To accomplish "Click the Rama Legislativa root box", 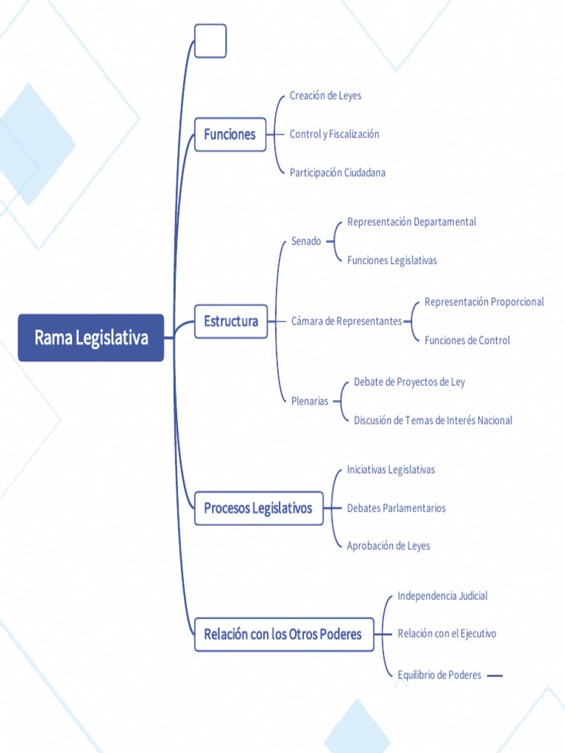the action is pyautogui.click(x=90, y=338).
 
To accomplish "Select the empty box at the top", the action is pyautogui.click(x=210, y=41).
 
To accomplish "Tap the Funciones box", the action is pyautogui.click(x=230, y=135).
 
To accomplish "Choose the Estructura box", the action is pyautogui.click(x=230, y=321).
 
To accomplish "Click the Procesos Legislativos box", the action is pyautogui.click(x=258, y=508).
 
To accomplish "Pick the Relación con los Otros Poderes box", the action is pyautogui.click(x=284, y=635).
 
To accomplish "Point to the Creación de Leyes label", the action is pyautogui.click(x=325, y=96).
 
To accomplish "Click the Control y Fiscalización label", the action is pyautogui.click(x=335, y=134).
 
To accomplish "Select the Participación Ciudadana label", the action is pyautogui.click(x=337, y=172).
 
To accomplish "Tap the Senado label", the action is pyautogui.click(x=306, y=241).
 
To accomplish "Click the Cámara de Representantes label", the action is pyautogui.click(x=347, y=321).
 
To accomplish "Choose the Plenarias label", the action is pyautogui.click(x=310, y=401).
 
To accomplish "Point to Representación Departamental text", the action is pyautogui.click(x=412, y=222).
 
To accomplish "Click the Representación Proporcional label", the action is pyautogui.click(x=484, y=302).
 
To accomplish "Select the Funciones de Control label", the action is pyautogui.click(x=467, y=340).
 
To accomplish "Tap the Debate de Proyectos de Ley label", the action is pyautogui.click(x=409, y=382).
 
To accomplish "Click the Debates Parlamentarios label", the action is pyautogui.click(x=397, y=508).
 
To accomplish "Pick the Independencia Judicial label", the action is pyautogui.click(x=442, y=596).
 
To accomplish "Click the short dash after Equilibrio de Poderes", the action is pyautogui.click(x=495, y=676).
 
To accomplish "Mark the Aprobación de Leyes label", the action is pyautogui.click(x=388, y=546).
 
